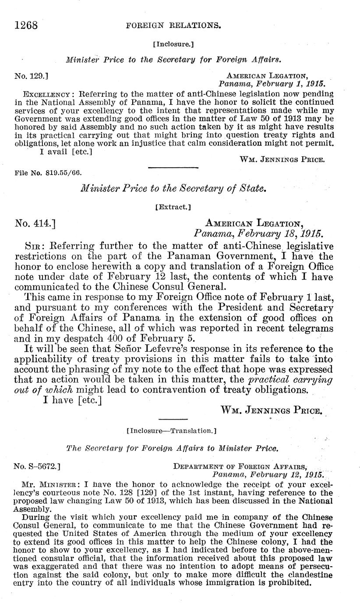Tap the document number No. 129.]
click(x=31, y=76)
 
